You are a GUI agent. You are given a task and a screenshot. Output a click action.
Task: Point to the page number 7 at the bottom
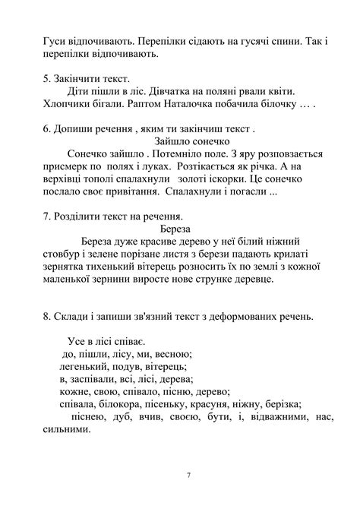point(188,475)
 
